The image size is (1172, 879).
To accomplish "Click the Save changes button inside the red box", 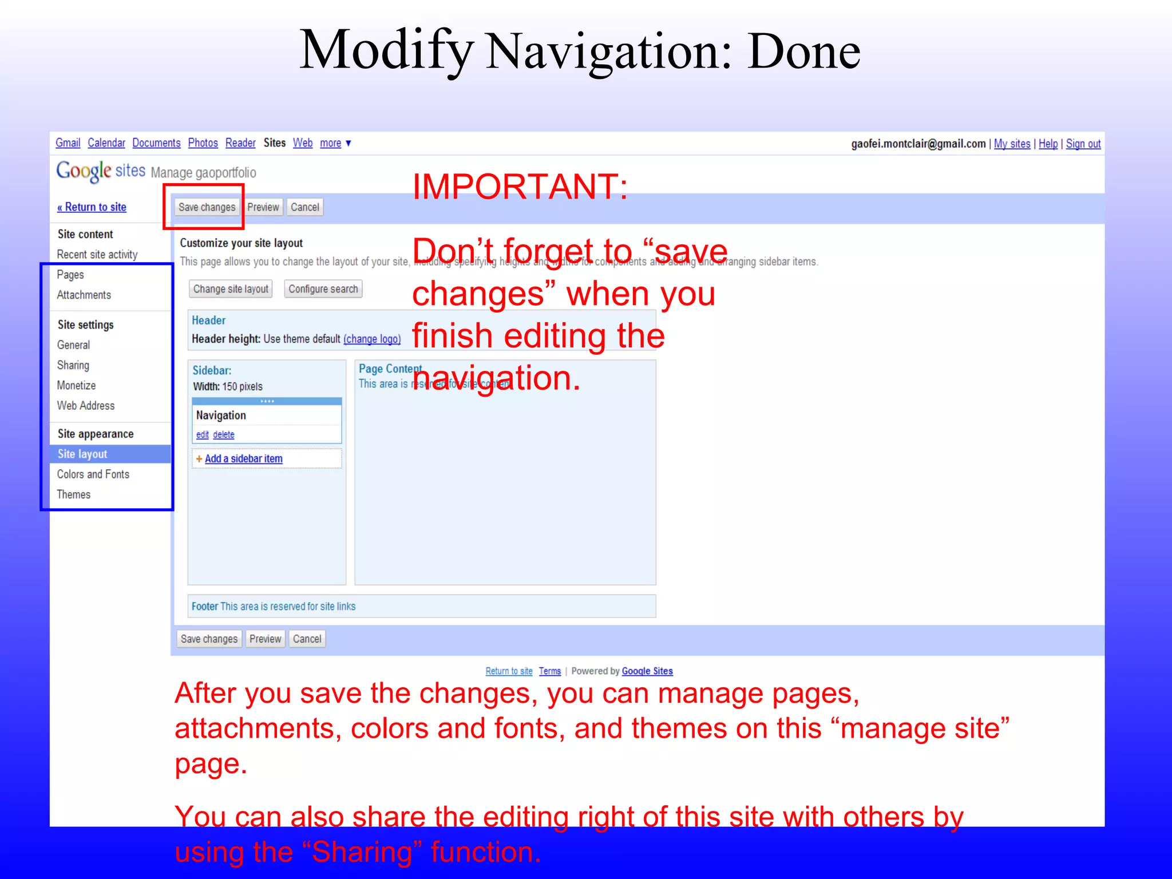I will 207,207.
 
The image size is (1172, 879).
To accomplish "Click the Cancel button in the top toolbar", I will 304,207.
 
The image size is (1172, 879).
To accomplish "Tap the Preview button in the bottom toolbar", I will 265,639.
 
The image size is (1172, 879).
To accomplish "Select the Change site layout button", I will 231,289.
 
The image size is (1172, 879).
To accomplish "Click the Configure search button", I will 323,289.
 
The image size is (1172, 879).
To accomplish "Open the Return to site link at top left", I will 92,207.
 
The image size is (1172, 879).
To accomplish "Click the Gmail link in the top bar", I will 68,143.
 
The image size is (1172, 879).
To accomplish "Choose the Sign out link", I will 1083,144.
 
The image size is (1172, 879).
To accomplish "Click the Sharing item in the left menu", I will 73,365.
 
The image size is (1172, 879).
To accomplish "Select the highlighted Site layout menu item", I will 82,454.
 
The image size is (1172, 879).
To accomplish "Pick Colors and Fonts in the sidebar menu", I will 93,474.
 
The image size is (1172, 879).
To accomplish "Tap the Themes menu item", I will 74,494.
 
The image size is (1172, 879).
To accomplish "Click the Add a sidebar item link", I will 243,459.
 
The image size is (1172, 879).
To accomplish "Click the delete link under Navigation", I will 224,435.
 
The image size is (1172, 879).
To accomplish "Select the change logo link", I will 372,339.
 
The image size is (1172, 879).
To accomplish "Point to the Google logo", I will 84,171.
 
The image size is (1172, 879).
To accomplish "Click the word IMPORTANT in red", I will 520,187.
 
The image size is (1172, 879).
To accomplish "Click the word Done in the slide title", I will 803,52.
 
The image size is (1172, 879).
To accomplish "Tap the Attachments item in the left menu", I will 84,295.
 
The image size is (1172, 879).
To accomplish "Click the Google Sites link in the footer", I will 647,671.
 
